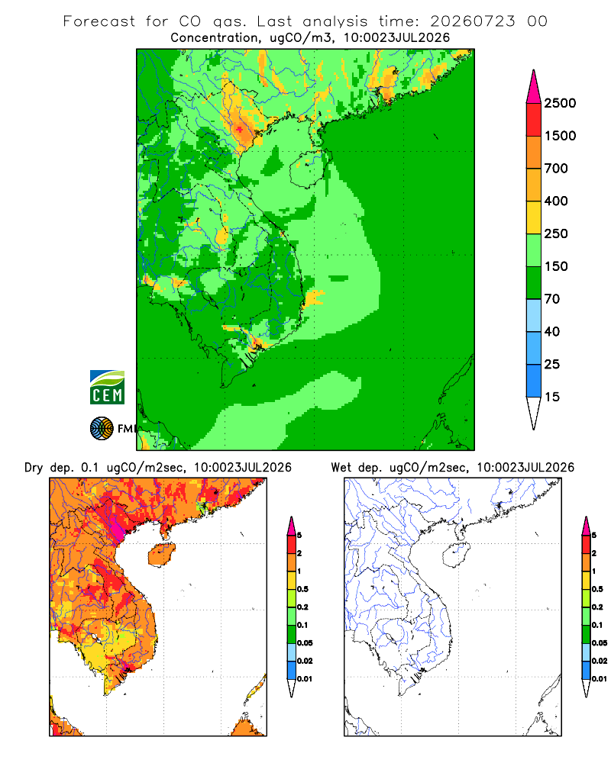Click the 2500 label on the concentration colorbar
click(560, 103)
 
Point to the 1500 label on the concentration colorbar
click(560, 136)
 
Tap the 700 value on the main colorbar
click(556, 169)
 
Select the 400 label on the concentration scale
click(556, 201)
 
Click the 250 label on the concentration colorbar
click(556, 233)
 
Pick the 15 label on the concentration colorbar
click(552, 397)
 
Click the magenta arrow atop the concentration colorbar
click(534, 87)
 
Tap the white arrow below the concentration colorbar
click(534, 413)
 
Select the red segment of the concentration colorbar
click(534, 120)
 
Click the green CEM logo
click(107, 388)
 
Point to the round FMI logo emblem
click(102, 429)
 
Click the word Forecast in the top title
click(99, 21)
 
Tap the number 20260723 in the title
click(473, 21)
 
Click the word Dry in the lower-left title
click(34, 468)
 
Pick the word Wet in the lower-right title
click(341, 468)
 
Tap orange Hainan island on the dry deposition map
click(162, 555)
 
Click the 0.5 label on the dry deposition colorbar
click(302, 589)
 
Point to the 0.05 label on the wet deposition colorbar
click(600, 642)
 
